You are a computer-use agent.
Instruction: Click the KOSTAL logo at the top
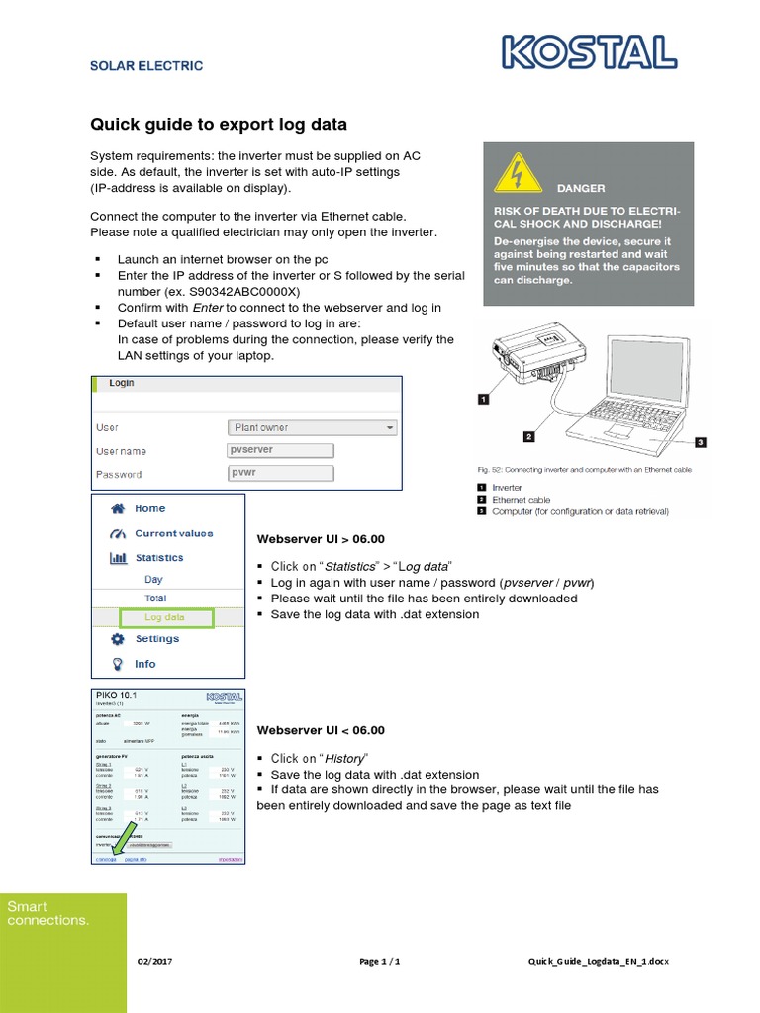point(590,52)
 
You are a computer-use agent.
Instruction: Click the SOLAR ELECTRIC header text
point(146,66)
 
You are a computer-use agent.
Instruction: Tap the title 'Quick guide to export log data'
point(219,125)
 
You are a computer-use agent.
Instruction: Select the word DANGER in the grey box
point(581,188)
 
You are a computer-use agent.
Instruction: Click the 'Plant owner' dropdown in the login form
point(313,428)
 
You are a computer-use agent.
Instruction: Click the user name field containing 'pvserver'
point(281,450)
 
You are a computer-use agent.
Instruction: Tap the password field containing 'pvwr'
point(281,474)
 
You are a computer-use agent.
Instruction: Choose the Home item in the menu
point(149,508)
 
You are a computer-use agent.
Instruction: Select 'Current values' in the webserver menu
point(173,533)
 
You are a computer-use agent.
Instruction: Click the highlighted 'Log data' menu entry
point(165,618)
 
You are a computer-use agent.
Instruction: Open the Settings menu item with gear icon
point(156,639)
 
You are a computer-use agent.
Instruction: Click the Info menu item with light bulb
point(144,664)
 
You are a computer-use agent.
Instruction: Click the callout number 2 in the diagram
point(529,436)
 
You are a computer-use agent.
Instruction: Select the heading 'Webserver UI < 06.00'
point(321,730)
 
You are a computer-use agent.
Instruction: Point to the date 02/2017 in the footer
point(155,962)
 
